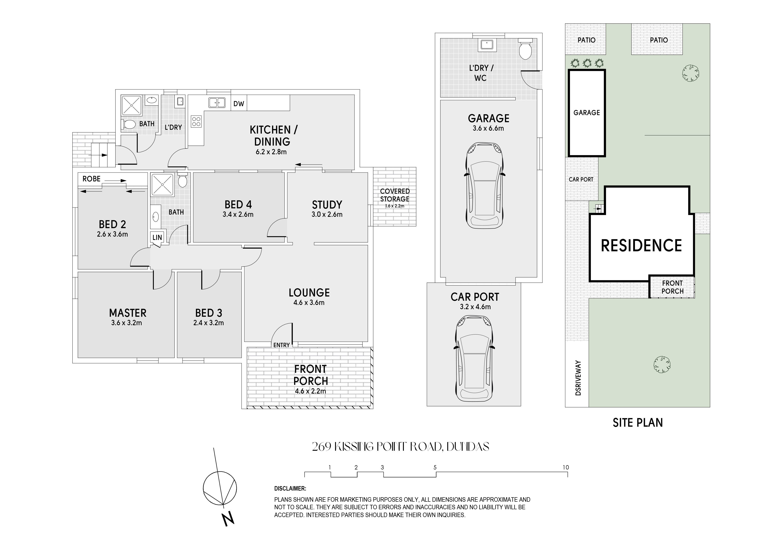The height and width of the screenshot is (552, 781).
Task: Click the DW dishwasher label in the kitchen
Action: point(239,104)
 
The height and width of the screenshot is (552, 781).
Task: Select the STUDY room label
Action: point(327,205)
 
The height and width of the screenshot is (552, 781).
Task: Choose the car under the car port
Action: point(474,358)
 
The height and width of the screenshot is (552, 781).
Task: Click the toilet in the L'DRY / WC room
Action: point(526,49)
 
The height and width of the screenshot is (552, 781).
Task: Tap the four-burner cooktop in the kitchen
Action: point(196,122)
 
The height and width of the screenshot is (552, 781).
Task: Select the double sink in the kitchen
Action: point(217,102)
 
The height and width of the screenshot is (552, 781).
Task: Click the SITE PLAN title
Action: point(638,423)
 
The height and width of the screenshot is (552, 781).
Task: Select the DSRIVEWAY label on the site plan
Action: point(578,378)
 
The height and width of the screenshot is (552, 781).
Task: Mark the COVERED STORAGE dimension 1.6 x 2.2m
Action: point(395,206)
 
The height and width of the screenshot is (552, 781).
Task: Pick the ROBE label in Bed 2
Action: point(92,179)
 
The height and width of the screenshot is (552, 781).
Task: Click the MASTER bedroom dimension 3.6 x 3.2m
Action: point(126,323)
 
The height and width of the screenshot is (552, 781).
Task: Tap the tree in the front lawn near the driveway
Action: point(662,365)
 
